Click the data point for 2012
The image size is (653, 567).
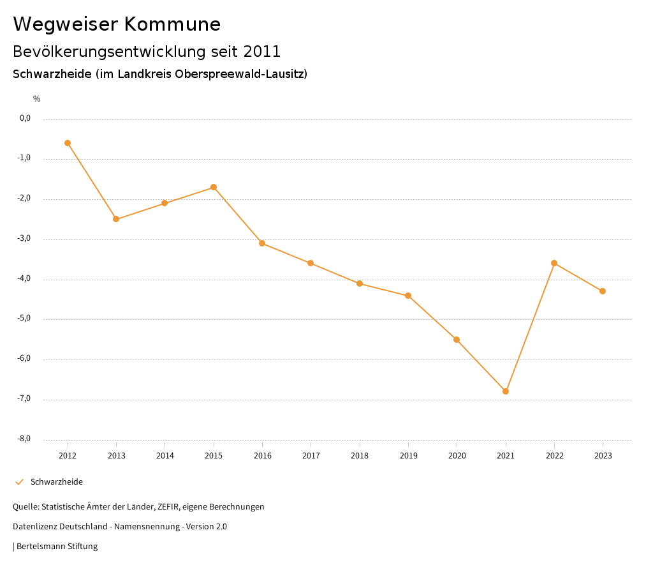68,143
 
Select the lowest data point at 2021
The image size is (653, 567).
506,391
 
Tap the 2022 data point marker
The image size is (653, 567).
554,263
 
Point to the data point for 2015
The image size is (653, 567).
214,187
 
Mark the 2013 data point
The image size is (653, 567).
116,219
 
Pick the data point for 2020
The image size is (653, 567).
457,340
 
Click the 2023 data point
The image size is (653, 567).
603,291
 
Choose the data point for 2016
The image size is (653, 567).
262,243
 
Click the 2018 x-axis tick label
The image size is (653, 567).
360,456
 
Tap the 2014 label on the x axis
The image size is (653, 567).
165,456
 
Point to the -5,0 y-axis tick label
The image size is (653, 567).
25,319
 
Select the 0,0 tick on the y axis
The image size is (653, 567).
26,118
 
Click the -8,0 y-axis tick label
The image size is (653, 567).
25,439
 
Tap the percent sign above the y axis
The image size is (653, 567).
37,99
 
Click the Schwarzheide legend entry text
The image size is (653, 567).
57,482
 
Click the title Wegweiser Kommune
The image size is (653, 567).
117,24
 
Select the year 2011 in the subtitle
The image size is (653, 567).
262,51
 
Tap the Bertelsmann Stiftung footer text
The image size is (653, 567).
57,547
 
